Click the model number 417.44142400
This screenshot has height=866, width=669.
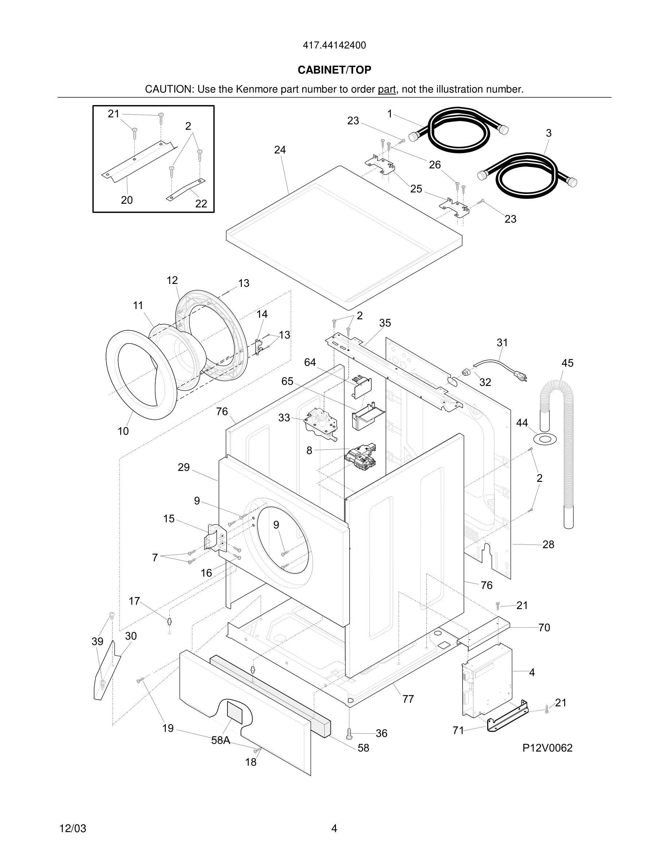tap(334, 46)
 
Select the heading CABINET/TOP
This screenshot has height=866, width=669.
tap(334, 70)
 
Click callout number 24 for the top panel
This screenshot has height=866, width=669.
tap(280, 150)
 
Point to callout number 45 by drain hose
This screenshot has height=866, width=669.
tap(567, 363)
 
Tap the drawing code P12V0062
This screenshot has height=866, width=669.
tap(547, 748)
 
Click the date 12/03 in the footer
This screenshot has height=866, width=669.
tap(73, 828)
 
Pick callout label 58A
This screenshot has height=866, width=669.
tap(221, 740)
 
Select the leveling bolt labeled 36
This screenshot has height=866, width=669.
tap(349, 734)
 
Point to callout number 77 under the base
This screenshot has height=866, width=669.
tap(408, 699)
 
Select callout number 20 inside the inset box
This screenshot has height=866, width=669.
tap(127, 200)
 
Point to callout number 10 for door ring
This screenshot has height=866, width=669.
tap(123, 431)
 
